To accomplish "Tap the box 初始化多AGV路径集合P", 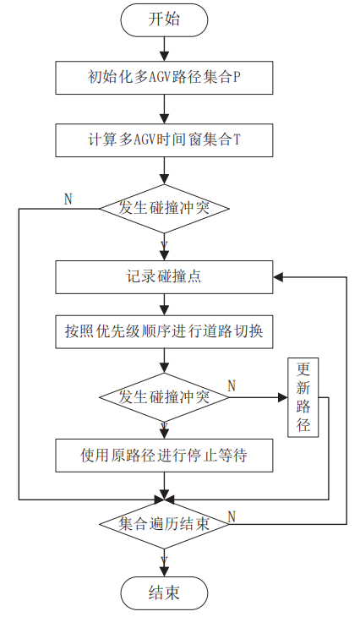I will pos(164,79).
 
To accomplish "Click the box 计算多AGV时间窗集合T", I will pos(164,139).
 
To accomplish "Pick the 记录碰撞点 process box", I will pos(164,276).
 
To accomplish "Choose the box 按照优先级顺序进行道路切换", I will pos(164,332).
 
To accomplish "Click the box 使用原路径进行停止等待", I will pos(164,456).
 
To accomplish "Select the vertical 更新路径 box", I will pos(303,397).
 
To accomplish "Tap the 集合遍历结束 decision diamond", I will pos(164,524).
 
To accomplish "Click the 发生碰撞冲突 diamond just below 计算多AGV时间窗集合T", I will pos(164,208).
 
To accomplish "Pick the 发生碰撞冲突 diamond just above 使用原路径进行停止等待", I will pos(164,396).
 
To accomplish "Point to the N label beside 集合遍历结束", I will pos(232,515).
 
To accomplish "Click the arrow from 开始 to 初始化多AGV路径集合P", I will pos(164,49).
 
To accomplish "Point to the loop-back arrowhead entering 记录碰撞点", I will pos(278,276).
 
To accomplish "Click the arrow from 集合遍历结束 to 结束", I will pos(164,558).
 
